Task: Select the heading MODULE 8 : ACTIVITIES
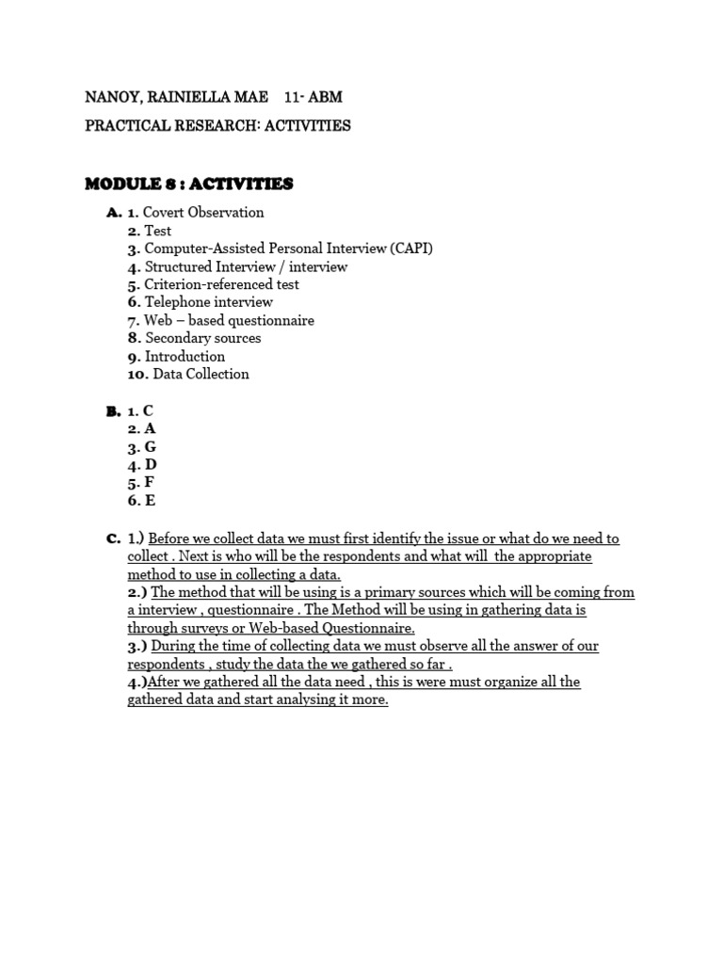[x=189, y=183]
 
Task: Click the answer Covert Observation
[x=203, y=213]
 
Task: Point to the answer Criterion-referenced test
[x=221, y=284]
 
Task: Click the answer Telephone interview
[x=208, y=302]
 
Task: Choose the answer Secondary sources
[x=203, y=338]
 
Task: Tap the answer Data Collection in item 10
[x=201, y=374]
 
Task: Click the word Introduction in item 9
[x=185, y=356]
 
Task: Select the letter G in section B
[x=150, y=447]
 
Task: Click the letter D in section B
[x=151, y=465]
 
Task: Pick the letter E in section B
[x=150, y=501]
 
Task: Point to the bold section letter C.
[x=112, y=538]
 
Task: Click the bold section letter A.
[x=112, y=213]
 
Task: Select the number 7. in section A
[x=135, y=320]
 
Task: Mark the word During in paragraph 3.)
[x=172, y=646]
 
